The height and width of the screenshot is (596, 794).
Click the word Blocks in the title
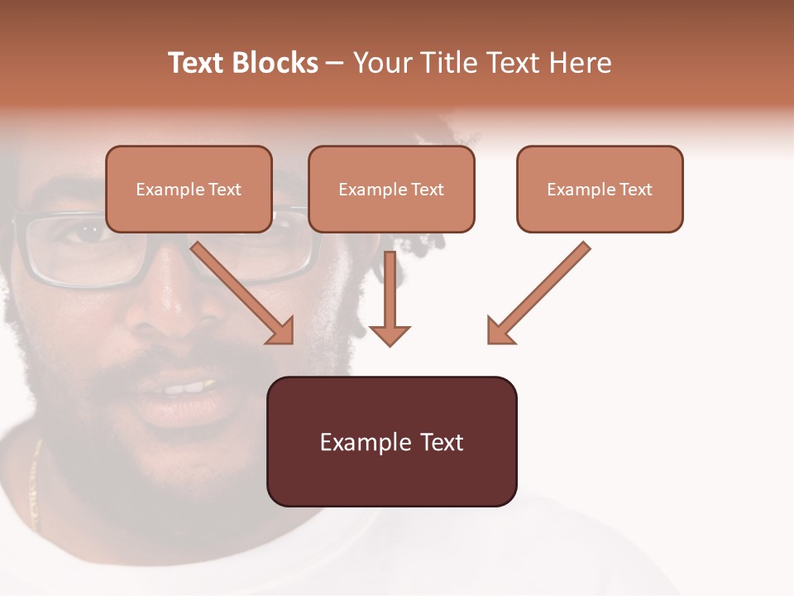(x=275, y=63)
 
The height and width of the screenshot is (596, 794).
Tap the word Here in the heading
(x=579, y=63)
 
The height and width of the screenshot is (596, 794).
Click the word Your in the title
(x=380, y=63)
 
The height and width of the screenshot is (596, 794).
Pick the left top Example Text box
(x=189, y=190)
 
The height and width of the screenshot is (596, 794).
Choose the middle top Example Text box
(x=391, y=190)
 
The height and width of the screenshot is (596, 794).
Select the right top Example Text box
(x=600, y=190)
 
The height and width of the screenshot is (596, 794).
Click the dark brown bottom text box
(x=391, y=442)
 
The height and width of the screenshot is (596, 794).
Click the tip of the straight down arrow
(x=390, y=343)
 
